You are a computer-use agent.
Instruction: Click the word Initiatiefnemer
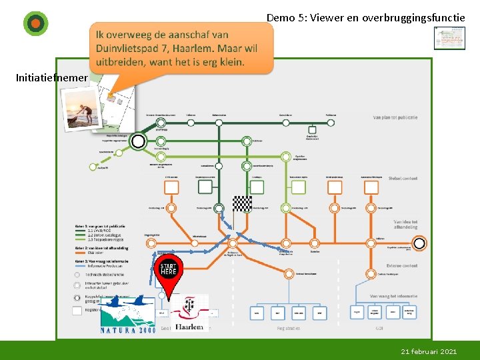[51, 78]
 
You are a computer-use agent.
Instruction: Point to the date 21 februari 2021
[429, 351]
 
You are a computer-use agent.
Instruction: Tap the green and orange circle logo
[35, 23]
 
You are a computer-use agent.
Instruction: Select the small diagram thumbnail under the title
[449, 38]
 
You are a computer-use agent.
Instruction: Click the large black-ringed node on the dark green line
[138, 141]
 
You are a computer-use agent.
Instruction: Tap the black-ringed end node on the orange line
[419, 243]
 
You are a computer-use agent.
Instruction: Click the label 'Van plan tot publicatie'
[395, 117]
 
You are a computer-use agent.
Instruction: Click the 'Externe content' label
[400, 266]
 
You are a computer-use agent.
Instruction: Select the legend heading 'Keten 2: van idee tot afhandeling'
[101, 248]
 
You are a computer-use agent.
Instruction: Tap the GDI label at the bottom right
[379, 328]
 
